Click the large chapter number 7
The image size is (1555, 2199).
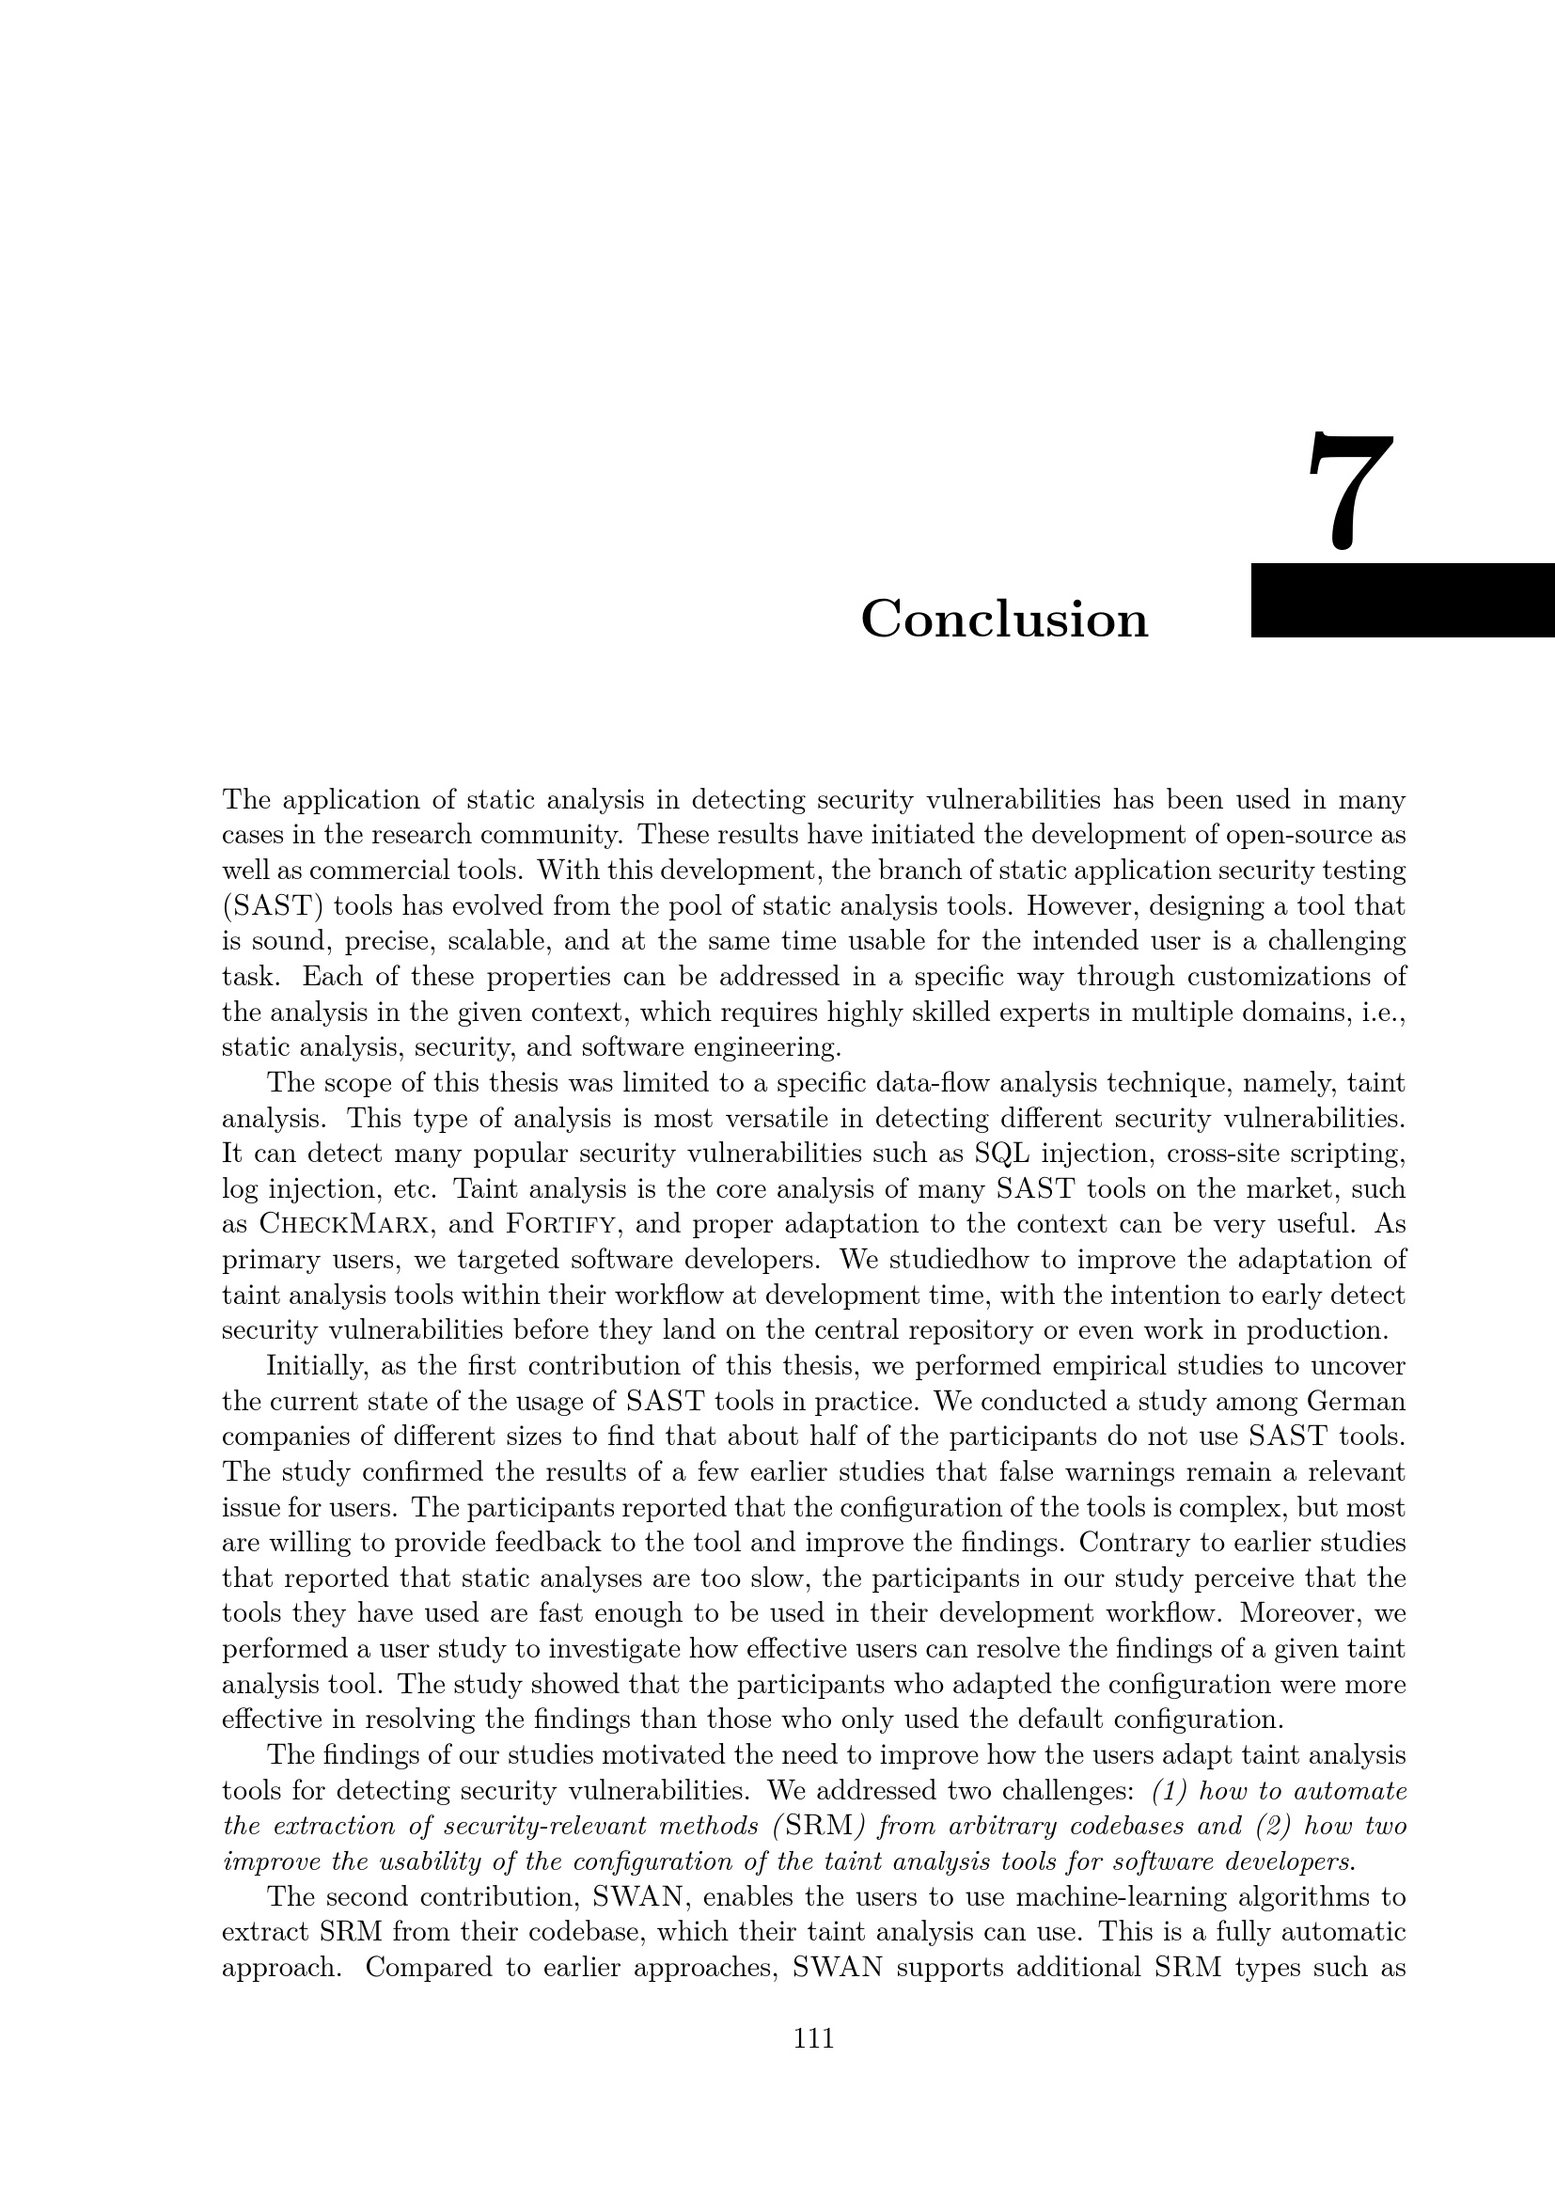point(1349,492)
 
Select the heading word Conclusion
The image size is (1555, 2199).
point(1003,619)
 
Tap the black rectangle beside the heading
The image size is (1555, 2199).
point(1402,600)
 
